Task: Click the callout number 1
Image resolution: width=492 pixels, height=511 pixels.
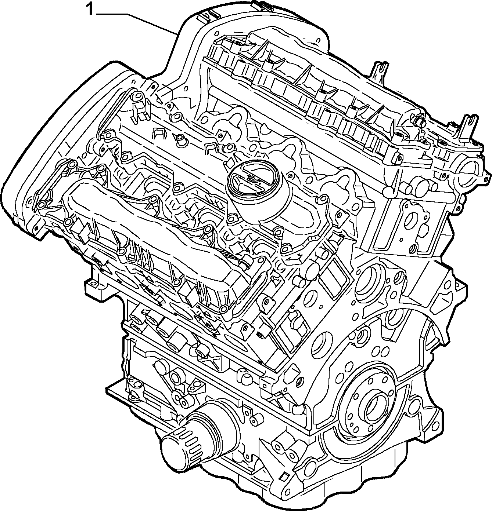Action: tap(90, 9)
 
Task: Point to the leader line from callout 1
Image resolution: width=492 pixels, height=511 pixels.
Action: tap(137, 23)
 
